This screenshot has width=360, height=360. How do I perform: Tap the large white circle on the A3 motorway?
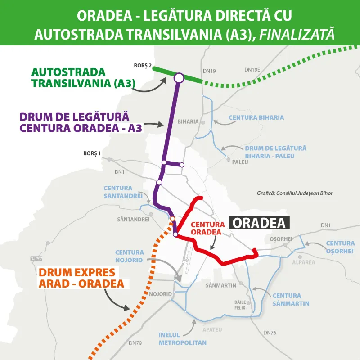179,78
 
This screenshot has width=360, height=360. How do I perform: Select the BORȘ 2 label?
143,66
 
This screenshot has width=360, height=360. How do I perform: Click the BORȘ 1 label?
92,153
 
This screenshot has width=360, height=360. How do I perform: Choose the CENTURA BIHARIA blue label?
256,117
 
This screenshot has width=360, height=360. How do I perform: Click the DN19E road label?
252,70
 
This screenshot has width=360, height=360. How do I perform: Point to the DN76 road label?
270,333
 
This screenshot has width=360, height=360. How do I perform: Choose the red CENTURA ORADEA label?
207,228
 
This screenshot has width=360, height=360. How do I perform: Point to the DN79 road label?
135,343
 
